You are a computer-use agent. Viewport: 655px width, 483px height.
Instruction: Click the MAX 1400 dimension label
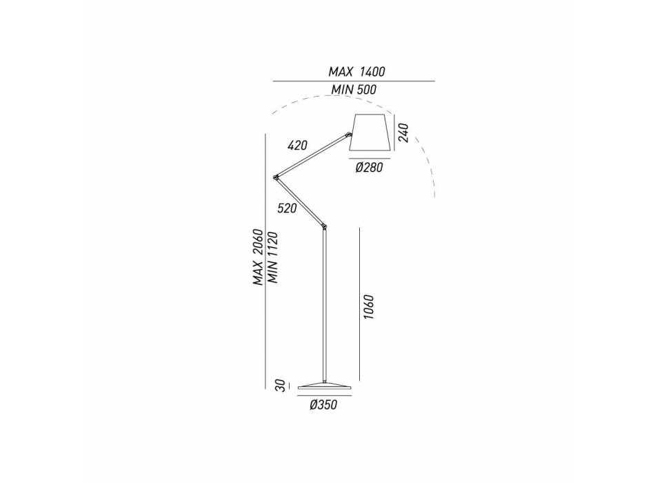coord(356,72)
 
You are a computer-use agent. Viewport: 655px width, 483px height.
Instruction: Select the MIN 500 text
coord(354,90)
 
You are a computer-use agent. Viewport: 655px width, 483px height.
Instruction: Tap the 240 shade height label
coord(403,133)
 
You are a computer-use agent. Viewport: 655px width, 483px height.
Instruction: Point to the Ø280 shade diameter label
coord(369,168)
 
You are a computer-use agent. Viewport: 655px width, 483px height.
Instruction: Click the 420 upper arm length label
coord(297,145)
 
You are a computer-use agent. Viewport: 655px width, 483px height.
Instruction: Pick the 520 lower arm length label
coord(287,208)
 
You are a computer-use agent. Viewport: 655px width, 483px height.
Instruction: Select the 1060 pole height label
coord(368,307)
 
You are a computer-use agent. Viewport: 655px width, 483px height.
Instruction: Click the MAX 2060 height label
coord(259,257)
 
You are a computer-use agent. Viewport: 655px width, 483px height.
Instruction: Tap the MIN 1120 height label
coord(273,257)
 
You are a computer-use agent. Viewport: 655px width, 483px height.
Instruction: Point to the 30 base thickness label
coord(281,385)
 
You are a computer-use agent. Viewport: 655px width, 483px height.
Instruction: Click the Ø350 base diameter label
coord(323,405)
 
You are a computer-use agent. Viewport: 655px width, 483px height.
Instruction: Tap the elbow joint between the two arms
coord(275,177)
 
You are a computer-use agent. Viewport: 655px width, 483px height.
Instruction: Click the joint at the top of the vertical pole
coord(324,227)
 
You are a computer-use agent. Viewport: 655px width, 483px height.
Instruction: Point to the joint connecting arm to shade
coord(348,135)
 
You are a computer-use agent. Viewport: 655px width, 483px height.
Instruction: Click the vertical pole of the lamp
coord(324,305)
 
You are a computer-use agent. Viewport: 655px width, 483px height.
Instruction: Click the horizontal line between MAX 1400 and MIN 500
coord(354,81)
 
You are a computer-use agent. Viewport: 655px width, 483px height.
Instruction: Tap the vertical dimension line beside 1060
coord(359,304)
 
